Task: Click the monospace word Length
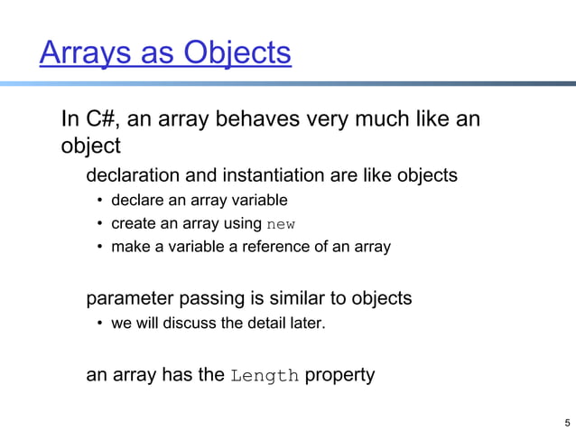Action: [x=265, y=375]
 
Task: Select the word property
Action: [x=339, y=375]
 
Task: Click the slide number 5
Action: [x=566, y=422]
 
